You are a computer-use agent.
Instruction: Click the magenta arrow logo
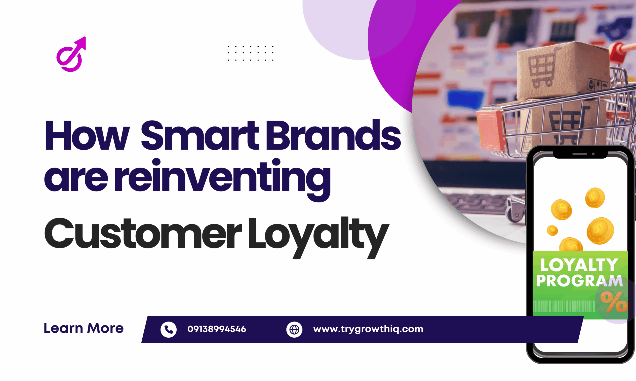pyautogui.click(x=71, y=54)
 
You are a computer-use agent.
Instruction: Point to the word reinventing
pyautogui.click(x=222, y=177)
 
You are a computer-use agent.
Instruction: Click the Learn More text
pyautogui.click(x=83, y=328)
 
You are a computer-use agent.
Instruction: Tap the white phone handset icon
pyautogui.click(x=168, y=329)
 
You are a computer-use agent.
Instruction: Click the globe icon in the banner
pyautogui.click(x=294, y=329)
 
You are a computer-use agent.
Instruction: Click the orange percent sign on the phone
pyautogui.click(x=614, y=302)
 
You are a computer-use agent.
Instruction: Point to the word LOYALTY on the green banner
pyautogui.click(x=579, y=265)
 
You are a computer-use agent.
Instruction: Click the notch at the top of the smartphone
pyautogui.click(x=580, y=154)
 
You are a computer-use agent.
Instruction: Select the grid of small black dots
pyautogui.click(x=250, y=53)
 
